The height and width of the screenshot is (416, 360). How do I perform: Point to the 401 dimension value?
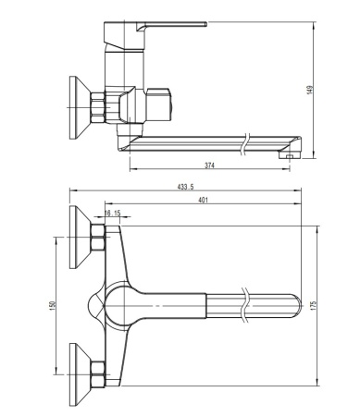coord(203,201)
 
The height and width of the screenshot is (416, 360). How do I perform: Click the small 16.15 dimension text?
coord(112,214)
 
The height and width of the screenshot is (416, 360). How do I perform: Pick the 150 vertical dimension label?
coord(55,304)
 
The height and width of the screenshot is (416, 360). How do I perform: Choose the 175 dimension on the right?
coord(315,304)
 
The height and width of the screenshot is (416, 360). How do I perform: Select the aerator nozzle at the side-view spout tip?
coord(291,157)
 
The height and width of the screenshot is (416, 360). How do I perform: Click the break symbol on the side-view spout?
coord(243,145)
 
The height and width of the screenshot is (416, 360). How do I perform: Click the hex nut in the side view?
coord(101,105)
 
